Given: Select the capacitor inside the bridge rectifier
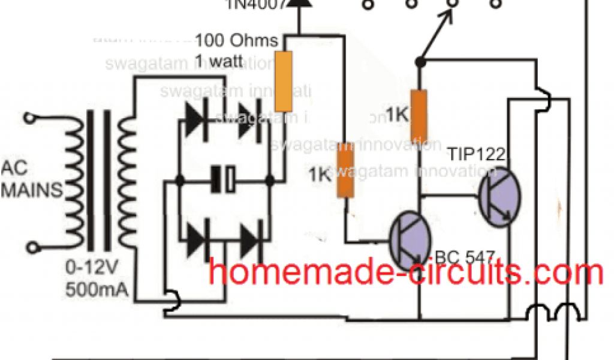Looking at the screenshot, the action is [224, 179].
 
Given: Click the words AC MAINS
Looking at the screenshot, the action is [32, 179].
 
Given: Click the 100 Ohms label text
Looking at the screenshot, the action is [237, 41].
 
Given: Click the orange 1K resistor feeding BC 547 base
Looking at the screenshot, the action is [345, 170].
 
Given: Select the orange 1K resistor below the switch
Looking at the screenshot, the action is [419, 115].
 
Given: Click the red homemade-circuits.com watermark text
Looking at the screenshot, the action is [405, 274].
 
